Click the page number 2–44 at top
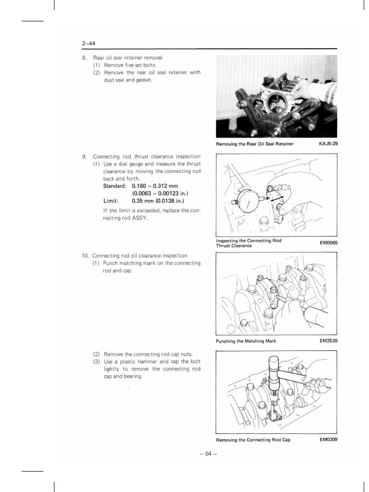(88, 44)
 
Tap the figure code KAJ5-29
(328, 144)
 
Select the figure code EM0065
(328, 243)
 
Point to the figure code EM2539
(328, 341)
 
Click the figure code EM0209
(328, 440)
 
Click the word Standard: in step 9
(115, 186)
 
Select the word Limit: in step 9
(111, 201)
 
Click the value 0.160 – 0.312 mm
(155, 186)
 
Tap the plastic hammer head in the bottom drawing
(274, 371)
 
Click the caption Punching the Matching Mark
(246, 341)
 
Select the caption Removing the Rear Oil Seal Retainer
(255, 144)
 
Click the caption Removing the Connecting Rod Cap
(253, 440)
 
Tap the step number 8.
(84, 58)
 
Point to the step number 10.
(85, 256)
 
